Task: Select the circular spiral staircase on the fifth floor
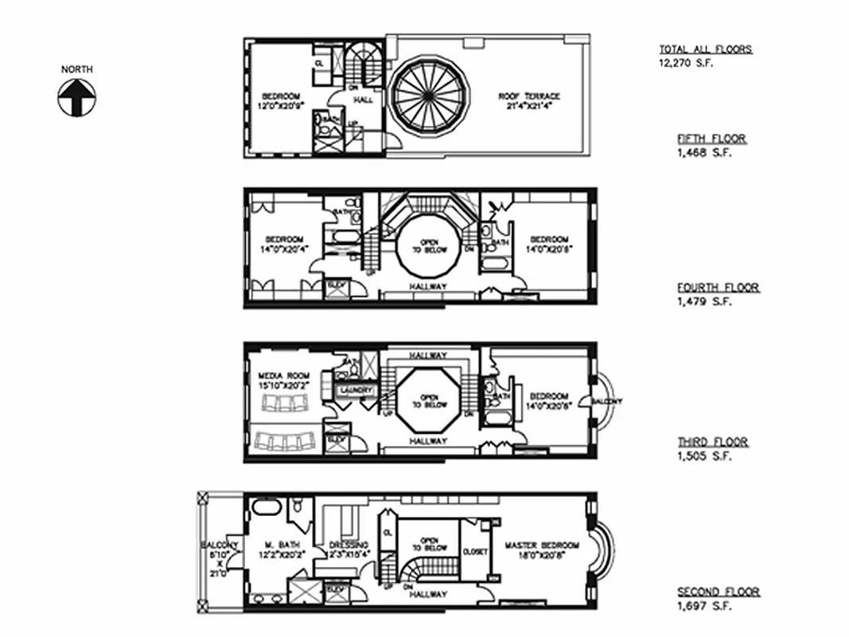[x=426, y=96]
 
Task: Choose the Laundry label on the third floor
[x=352, y=389]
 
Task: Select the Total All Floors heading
[x=705, y=49]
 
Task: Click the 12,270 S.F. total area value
[x=681, y=63]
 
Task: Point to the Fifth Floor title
[x=711, y=139]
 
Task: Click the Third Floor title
[x=712, y=442]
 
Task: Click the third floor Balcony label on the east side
[x=606, y=401]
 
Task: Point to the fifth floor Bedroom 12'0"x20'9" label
[x=278, y=101]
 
